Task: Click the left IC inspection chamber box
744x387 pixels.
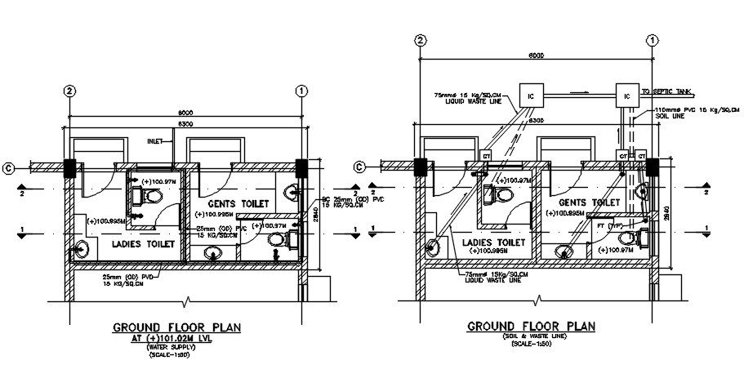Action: coord(532,95)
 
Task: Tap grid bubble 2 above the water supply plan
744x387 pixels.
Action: coord(70,90)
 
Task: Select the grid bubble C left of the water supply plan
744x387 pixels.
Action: coord(8,168)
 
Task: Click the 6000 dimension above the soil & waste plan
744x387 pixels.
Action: coord(536,55)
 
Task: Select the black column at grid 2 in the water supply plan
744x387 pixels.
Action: coord(70,168)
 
